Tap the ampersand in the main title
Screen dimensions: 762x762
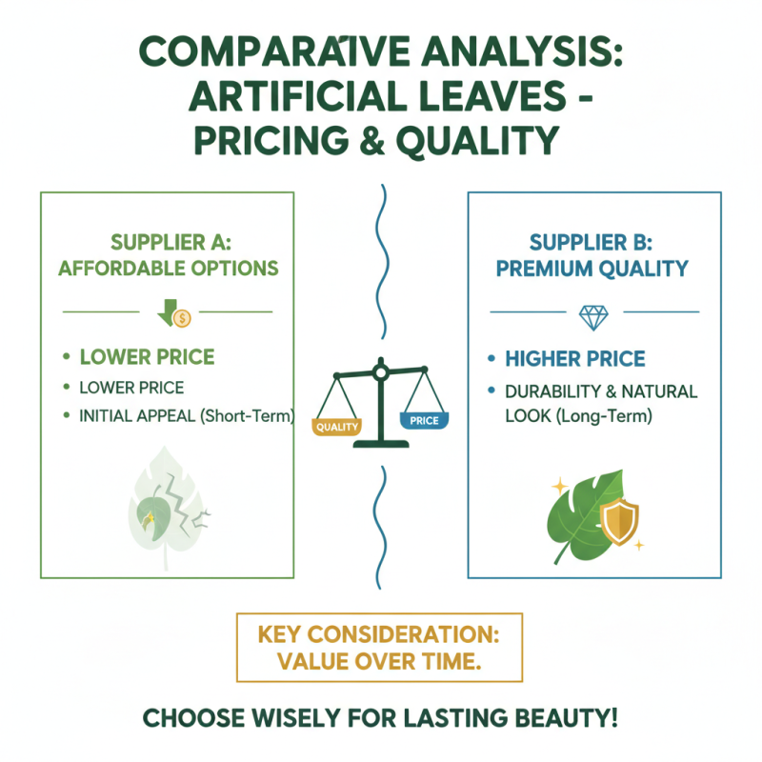[x=371, y=140]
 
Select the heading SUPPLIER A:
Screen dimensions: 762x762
[x=171, y=242]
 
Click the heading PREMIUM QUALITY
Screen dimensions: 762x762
[x=592, y=269]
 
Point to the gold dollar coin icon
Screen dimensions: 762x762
[x=182, y=319]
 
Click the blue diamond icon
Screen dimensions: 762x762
[x=593, y=318]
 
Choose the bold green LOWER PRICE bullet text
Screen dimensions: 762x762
[x=147, y=357]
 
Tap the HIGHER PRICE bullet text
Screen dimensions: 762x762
[x=575, y=359]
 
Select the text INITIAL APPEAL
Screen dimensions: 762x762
[x=137, y=416]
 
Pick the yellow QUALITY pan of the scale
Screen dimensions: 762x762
[x=336, y=426]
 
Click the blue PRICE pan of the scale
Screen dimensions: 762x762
[x=424, y=420]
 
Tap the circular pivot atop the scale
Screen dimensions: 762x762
[x=380, y=372]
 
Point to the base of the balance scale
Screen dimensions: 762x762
[x=381, y=444]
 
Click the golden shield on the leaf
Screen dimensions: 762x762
[x=619, y=521]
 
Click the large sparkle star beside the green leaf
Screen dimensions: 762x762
[x=559, y=486]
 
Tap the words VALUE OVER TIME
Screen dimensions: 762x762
[x=379, y=661]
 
